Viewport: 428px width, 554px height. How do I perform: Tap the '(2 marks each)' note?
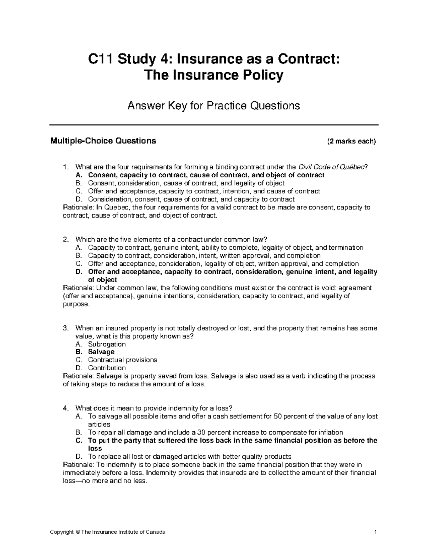[351, 141]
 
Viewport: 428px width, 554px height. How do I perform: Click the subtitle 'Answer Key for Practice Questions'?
[214, 106]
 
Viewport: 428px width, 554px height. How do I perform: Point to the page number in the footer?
[376, 532]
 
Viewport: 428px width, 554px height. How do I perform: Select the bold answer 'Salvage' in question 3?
[101, 352]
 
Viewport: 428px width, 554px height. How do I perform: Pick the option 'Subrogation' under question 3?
[107, 344]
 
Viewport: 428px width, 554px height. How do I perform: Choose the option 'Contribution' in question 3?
[107, 368]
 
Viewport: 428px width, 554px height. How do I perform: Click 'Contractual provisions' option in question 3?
[122, 360]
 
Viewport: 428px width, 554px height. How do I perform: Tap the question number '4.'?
[65, 408]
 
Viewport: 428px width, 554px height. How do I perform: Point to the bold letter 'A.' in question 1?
[79, 175]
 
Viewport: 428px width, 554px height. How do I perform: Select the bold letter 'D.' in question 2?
[79, 272]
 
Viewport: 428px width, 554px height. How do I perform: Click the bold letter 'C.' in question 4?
[79, 441]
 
